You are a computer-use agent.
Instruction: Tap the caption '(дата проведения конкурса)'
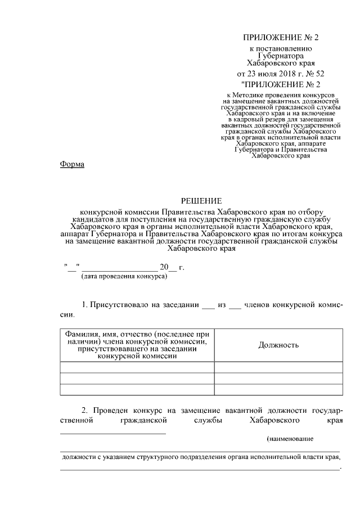[x=124, y=277]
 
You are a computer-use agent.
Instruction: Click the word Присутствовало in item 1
[x=115, y=304]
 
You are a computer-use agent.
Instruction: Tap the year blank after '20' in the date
[x=173, y=267]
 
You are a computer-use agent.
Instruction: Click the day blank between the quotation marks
[x=71, y=267]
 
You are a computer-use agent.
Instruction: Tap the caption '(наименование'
[x=290, y=438]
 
